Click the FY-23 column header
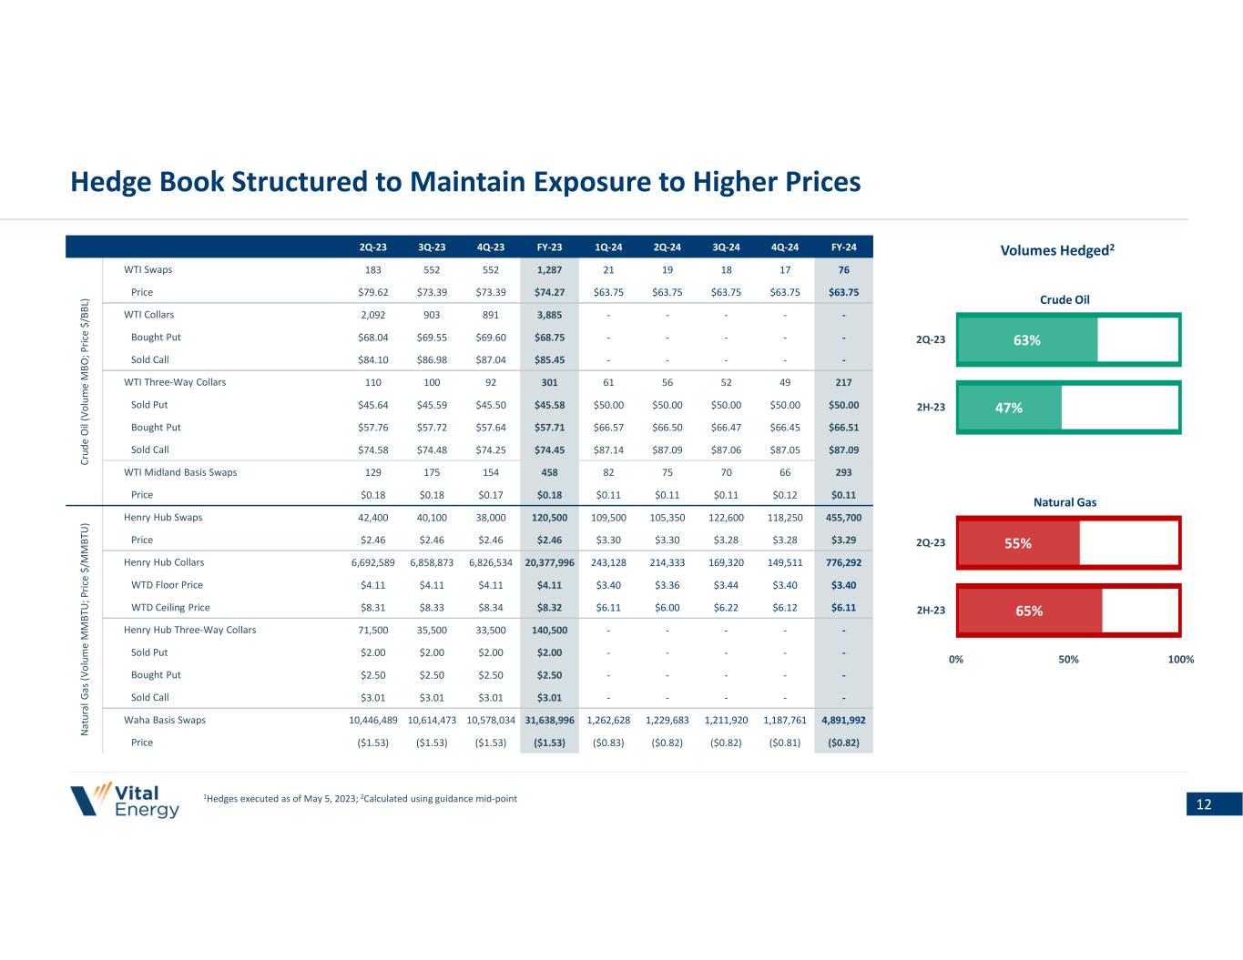point(549,247)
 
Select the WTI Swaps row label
point(148,269)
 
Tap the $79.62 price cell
point(373,292)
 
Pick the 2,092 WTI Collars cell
point(373,315)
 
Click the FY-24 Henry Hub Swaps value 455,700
point(843,517)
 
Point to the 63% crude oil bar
point(1028,339)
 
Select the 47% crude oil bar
point(1010,408)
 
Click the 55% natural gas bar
point(1019,543)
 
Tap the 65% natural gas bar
point(1030,611)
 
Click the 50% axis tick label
point(1068,659)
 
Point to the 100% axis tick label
point(1180,659)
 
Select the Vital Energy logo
point(126,800)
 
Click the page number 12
point(1203,804)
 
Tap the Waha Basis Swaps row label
point(165,720)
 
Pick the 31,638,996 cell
point(549,720)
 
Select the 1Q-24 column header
point(608,247)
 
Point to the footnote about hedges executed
point(362,799)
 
